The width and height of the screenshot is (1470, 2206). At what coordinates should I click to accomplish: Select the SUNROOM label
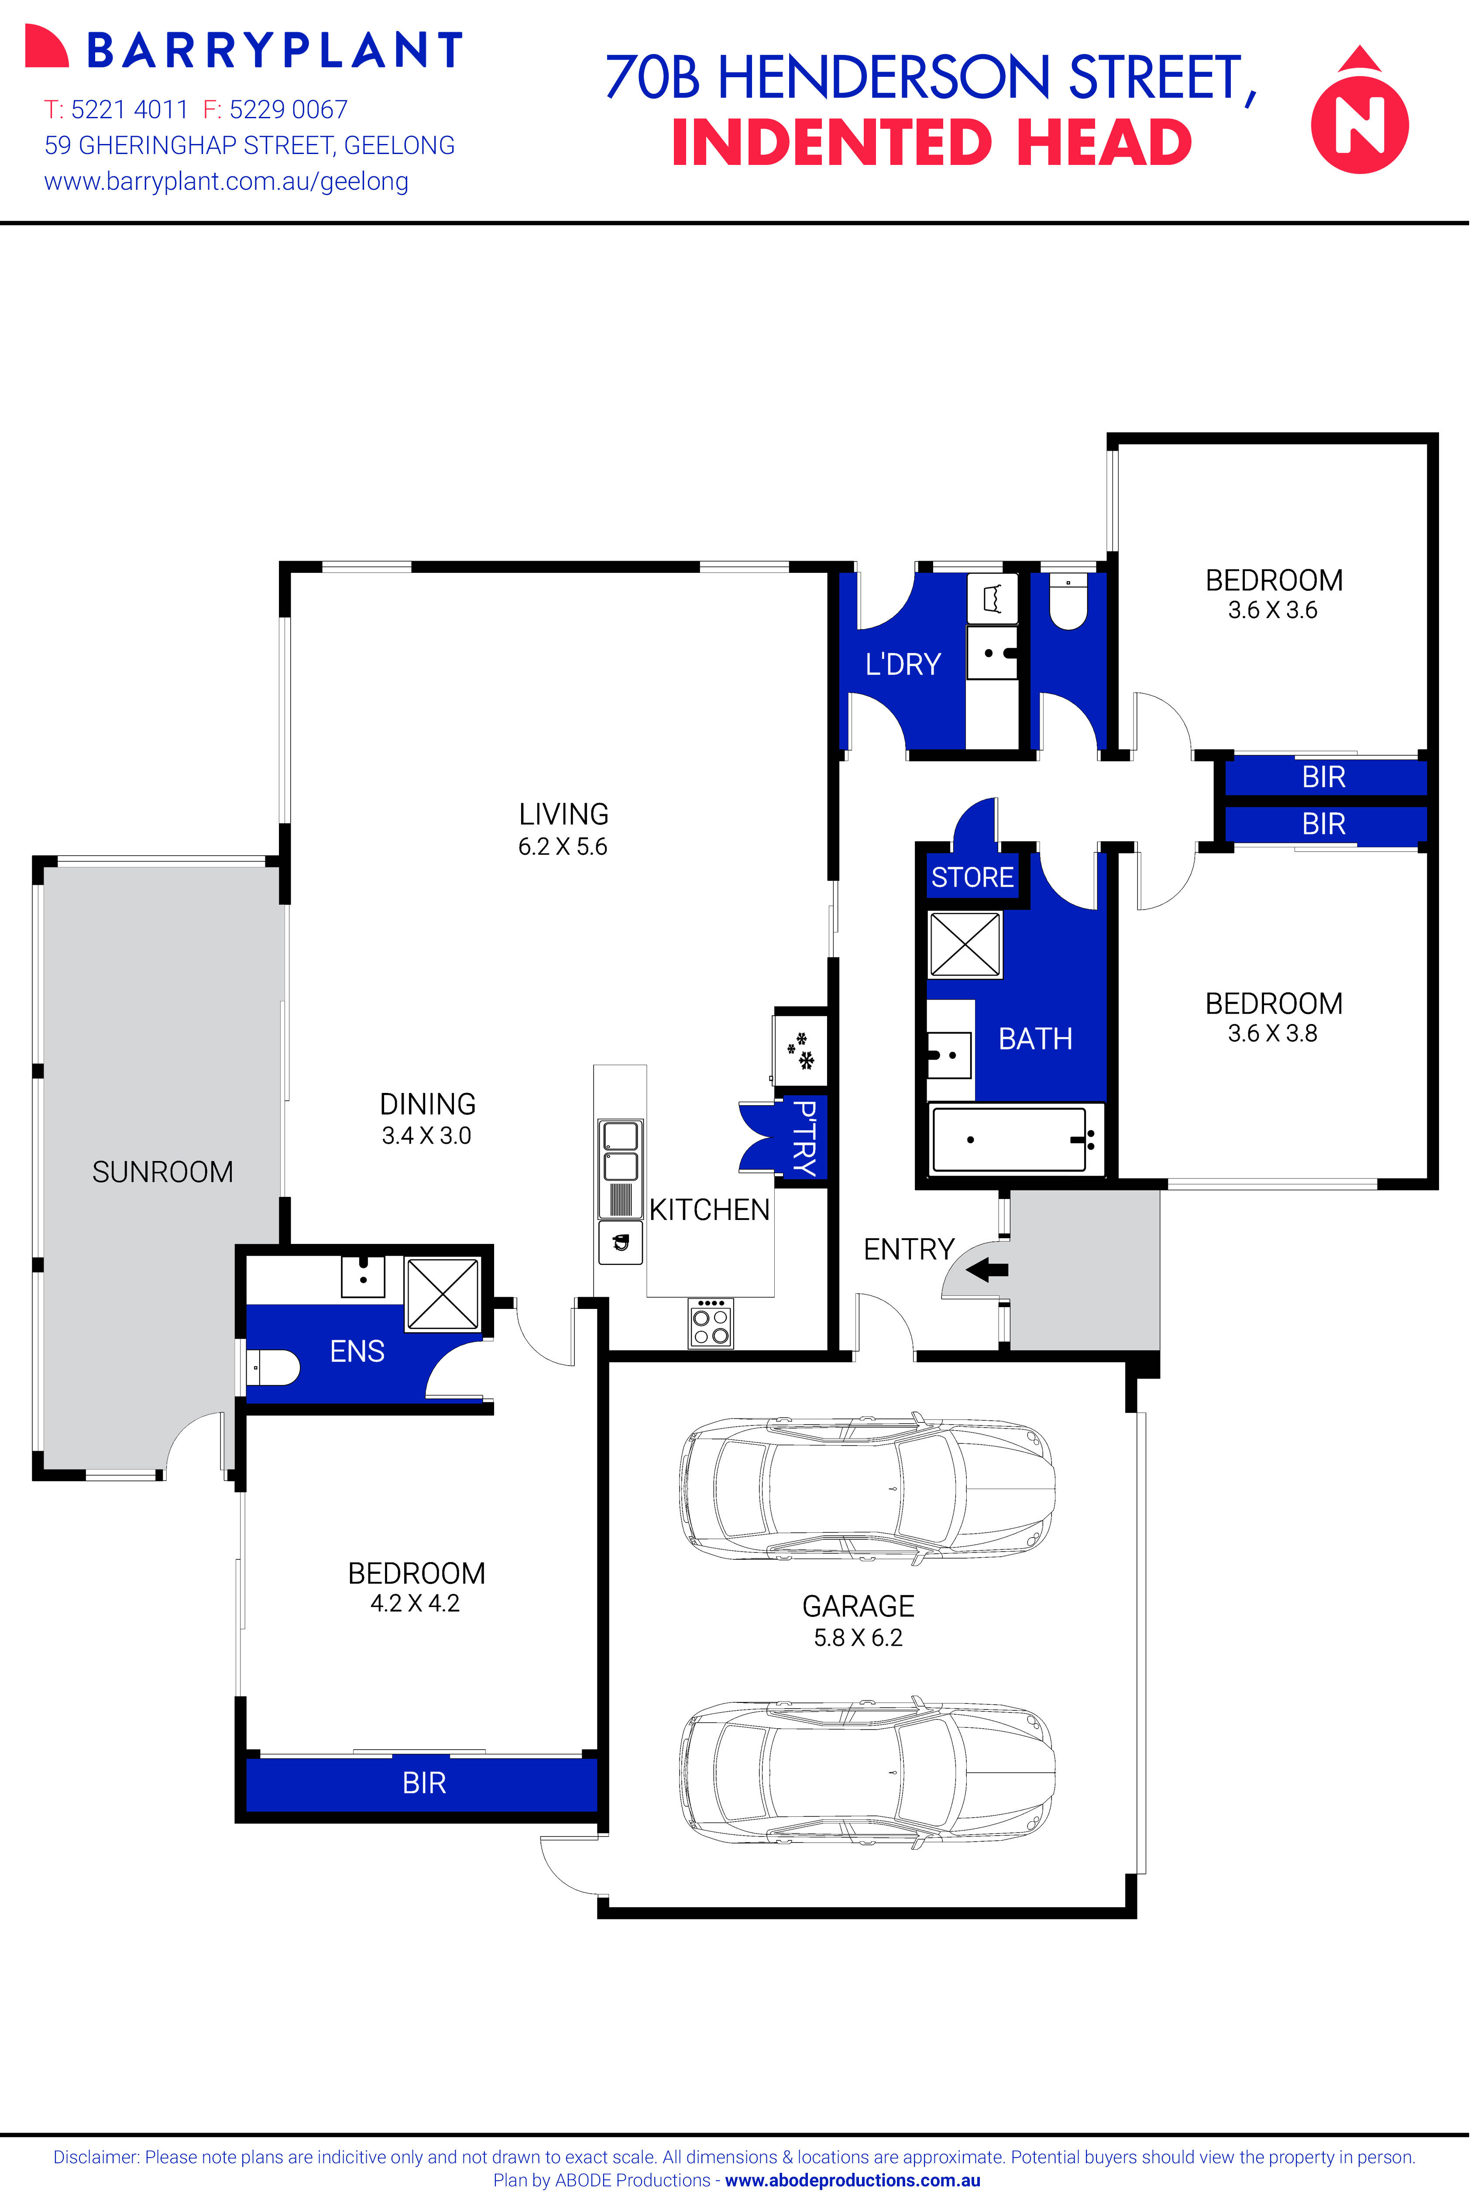(x=162, y=1172)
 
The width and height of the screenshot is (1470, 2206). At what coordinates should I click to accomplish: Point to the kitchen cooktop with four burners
(x=711, y=1323)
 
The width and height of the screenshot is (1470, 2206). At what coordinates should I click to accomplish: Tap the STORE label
(x=972, y=877)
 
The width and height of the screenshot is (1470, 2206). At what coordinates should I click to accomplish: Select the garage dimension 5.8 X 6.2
(x=858, y=1637)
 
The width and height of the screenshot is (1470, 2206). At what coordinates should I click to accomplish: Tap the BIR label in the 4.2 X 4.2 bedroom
(x=424, y=1782)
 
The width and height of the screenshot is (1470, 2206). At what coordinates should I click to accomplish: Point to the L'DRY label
(x=902, y=665)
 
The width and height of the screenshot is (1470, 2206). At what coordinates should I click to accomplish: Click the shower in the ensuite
(x=442, y=1293)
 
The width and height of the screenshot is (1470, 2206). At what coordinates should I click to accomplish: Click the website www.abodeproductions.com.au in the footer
(x=852, y=2180)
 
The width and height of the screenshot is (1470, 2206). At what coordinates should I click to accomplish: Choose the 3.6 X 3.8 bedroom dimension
(x=1272, y=1033)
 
